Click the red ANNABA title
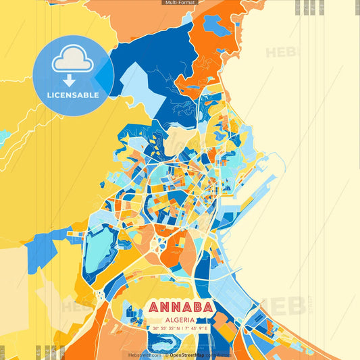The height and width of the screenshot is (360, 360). point(179,308)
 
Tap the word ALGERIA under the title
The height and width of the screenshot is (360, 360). point(179,319)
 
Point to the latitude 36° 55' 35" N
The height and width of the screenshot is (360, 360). point(165,328)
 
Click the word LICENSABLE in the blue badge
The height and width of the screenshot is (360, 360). point(73,95)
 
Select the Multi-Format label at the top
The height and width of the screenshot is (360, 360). point(180,3)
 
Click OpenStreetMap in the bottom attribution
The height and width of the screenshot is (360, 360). point(188,355)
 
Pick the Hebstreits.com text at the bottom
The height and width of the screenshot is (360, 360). point(145,355)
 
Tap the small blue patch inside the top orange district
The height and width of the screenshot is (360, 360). point(217,26)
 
